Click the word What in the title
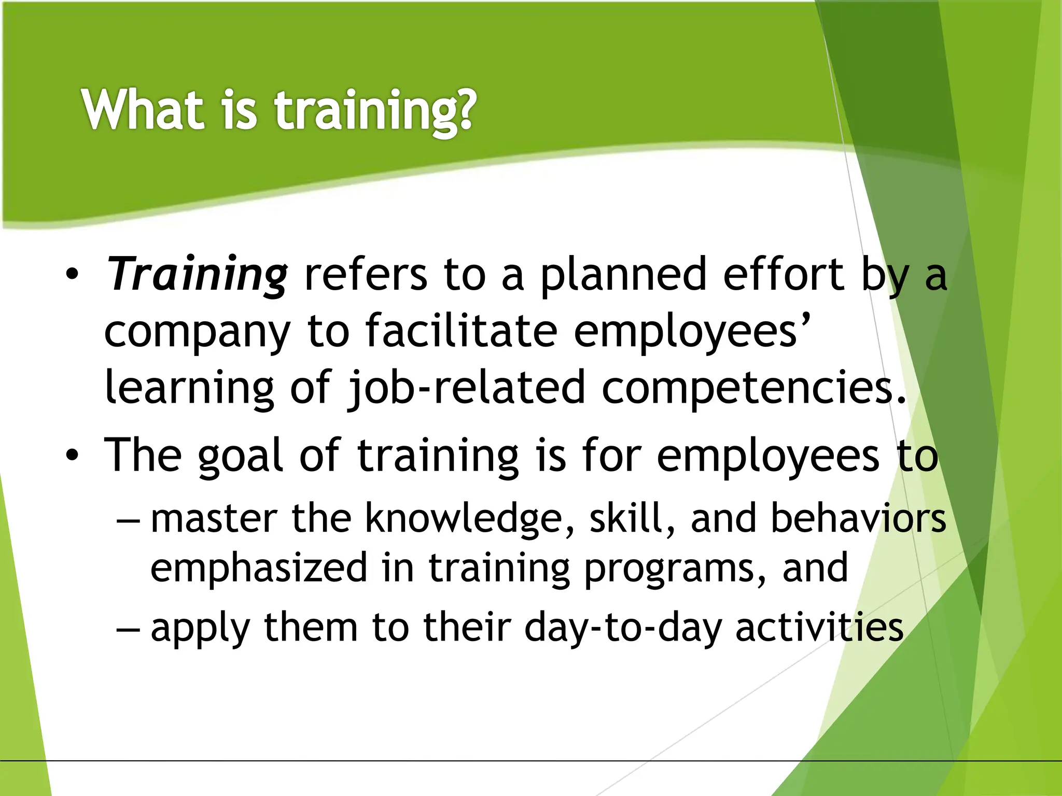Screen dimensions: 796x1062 143,109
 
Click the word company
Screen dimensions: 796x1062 197,332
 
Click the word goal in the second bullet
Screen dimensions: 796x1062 240,456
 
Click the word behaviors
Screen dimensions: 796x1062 858,518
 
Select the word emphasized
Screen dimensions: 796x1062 260,568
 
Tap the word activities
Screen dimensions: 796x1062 819,627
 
